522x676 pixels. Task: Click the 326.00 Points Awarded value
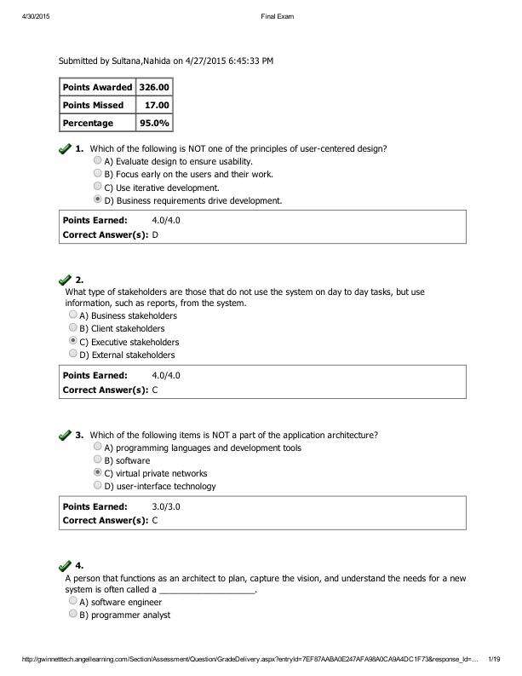coord(154,87)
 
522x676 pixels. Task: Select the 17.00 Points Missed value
coord(158,105)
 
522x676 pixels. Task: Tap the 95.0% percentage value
coord(155,123)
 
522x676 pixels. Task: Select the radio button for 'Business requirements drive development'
coord(98,200)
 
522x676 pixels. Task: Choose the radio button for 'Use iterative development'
coord(98,187)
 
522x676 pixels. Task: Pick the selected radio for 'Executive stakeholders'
coord(73,341)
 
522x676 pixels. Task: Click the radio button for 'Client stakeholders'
coord(73,327)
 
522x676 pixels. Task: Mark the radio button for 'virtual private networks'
coord(98,472)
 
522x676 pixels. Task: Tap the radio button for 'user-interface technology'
coord(98,486)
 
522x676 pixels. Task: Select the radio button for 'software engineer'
coord(73,601)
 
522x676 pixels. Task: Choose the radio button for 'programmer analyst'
coord(73,614)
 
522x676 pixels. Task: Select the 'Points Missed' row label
coord(93,105)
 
